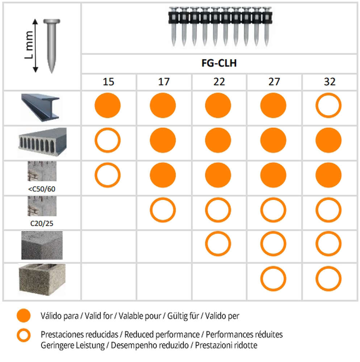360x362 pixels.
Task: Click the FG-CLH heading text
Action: click(219, 63)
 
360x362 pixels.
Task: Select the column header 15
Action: click(108, 82)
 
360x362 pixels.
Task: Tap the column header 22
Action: click(219, 82)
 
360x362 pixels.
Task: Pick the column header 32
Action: click(330, 82)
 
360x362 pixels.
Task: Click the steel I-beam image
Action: click(41, 108)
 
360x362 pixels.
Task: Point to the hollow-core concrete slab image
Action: click(42, 142)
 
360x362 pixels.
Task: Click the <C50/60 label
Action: click(42, 189)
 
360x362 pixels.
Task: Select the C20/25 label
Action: click(42, 223)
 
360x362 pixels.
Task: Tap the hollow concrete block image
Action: click(42, 279)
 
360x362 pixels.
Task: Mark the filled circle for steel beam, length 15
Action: click(108, 105)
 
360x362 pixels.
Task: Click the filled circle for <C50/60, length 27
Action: click(273, 175)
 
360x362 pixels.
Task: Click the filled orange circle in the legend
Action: click(24, 316)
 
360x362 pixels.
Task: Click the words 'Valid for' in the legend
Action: click(99, 316)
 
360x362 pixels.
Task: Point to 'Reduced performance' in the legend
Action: click(162, 334)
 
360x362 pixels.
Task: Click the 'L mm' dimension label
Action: click(29, 45)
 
